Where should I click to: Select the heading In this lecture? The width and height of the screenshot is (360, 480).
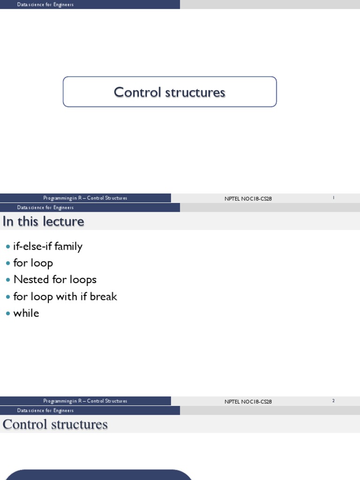point(44,221)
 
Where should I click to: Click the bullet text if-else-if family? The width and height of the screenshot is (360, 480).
point(48,247)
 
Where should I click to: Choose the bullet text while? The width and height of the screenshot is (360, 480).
point(26,314)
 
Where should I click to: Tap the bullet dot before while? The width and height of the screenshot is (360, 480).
point(7,314)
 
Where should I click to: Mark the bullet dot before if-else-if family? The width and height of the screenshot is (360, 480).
point(7,247)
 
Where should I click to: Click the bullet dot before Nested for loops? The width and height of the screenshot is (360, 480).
point(7,280)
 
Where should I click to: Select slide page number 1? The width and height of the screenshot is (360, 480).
point(333,198)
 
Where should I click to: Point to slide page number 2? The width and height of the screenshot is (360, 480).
point(333,401)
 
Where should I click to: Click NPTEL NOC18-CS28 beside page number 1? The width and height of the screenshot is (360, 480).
point(248,199)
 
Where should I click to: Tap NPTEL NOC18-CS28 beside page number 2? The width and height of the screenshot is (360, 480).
point(248,402)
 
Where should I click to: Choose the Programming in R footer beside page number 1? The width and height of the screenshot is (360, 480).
point(85,198)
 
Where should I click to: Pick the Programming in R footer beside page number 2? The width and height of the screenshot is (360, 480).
point(85,401)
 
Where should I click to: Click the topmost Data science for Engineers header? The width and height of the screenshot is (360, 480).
point(45,5)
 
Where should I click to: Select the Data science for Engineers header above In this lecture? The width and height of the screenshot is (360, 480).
point(45,208)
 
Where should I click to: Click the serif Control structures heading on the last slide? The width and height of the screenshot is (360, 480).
point(55,425)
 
